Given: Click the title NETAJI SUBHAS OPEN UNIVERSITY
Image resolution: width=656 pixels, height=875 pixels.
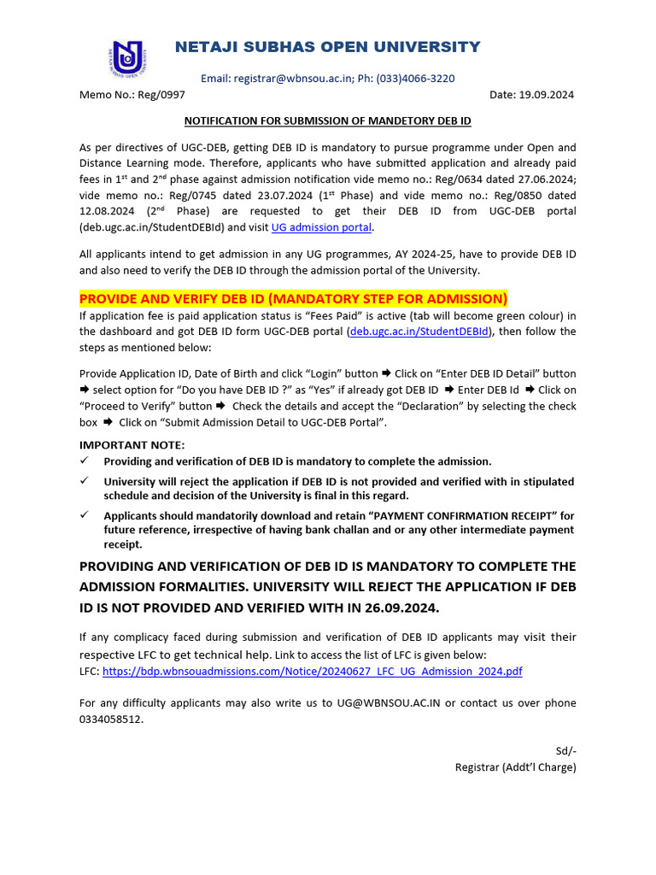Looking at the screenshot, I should (327, 47).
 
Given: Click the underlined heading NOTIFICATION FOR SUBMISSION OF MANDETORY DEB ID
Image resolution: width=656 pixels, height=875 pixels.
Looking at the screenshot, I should (328, 121).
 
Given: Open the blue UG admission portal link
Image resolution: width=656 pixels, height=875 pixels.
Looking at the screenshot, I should (321, 227).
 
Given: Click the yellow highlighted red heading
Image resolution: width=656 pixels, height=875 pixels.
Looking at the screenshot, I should (293, 298).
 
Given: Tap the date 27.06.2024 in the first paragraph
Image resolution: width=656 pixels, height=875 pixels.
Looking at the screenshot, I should (546, 179).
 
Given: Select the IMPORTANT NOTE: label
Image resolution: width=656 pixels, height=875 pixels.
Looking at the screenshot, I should (132, 445).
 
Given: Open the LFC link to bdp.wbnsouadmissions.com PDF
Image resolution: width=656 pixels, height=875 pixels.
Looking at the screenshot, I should (312, 672).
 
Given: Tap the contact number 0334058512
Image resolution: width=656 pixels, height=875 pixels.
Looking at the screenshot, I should (110, 719).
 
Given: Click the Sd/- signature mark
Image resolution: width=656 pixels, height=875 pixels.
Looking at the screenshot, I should (565, 751).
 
